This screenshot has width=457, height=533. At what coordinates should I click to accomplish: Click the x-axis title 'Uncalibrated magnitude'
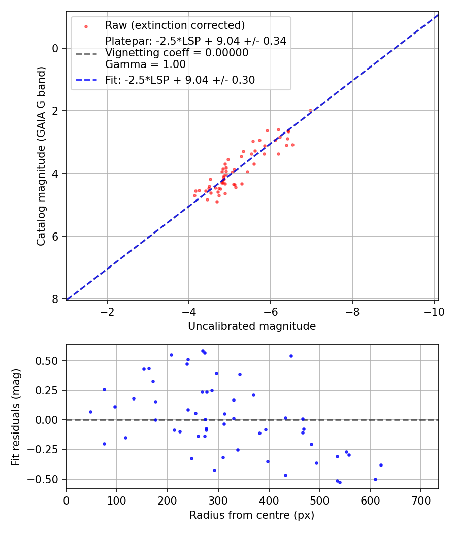[x=252, y=326]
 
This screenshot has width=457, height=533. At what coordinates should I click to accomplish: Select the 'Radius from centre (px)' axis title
[x=252, y=515]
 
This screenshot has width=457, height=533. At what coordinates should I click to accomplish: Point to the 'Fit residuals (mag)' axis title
[x=16, y=417]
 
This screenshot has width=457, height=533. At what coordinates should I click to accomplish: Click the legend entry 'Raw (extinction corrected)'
[x=175, y=25]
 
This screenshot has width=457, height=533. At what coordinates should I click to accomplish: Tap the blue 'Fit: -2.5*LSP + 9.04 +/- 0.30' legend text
[x=180, y=80]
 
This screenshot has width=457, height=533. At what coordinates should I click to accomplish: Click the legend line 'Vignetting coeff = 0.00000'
[x=177, y=53]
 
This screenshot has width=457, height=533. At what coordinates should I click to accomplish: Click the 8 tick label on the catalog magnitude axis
[x=55, y=299]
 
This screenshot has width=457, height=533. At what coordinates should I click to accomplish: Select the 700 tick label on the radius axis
[x=421, y=501]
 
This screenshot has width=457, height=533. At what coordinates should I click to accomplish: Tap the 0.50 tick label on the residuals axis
[x=50, y=361]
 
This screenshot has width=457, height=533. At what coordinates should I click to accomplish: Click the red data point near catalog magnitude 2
[x=310, y=110]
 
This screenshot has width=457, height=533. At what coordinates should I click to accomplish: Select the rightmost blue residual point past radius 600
[x=381, y=465]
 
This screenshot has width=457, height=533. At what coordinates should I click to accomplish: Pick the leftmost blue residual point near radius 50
[x=90, y=412]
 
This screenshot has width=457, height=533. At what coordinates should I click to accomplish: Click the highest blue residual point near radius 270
[x=203, y=351]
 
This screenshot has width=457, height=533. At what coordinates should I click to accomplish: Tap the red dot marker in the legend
[x=86, y=26]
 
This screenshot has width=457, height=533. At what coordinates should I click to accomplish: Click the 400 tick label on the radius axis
[x=269, y=501]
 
